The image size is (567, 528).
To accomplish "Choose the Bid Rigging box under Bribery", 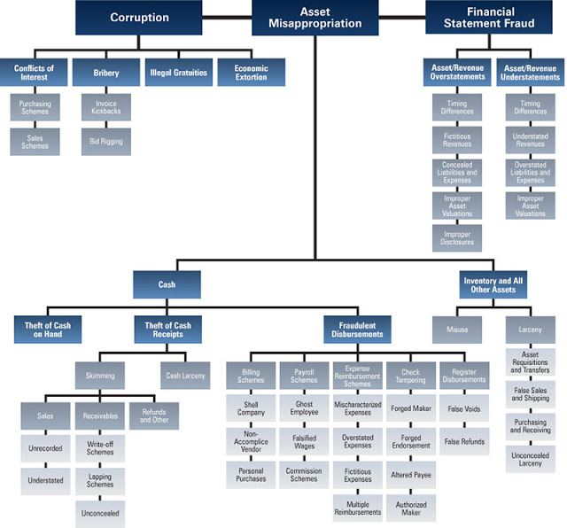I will pyautogui.click(x=106, y=142).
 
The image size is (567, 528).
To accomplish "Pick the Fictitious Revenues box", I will pyautogui.click(x=457, y=141).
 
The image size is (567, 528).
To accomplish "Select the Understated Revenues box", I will pyautogui.click(x=531, y=141).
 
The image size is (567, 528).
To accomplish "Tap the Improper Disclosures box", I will pyautogui.click(x=457, y=237).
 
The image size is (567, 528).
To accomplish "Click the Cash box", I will pyautogui.click(x=167, y=284).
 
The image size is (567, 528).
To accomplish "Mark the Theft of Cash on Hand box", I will pyautogui.click(x=49, y=330).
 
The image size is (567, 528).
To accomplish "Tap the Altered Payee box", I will pyautogui.click(x=411, y=475).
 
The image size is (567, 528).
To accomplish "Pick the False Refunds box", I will pyautogui.click(x=463, y=440).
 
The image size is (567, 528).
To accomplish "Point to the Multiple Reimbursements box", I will pyautogui.click(x=358, y=508).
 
